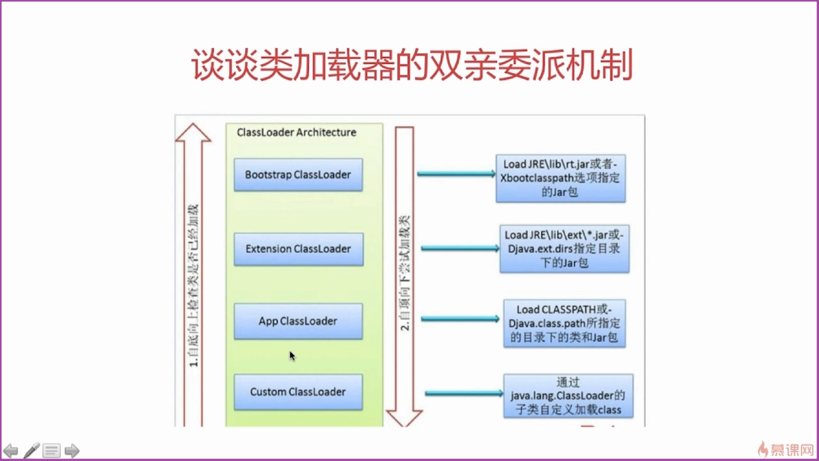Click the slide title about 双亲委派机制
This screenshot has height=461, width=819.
[412, 66]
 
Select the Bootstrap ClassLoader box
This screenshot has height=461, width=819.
[298, 175]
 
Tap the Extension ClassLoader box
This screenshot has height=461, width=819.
[298, 249]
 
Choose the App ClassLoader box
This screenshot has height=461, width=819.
[298, 321]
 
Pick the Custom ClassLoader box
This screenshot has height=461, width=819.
[298, 392]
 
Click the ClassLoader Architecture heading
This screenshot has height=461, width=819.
[296, 133]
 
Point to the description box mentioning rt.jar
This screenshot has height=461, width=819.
[561, 177]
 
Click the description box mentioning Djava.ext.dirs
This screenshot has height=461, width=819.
[564, 249]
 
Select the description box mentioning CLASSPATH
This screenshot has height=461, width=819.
[564, 323]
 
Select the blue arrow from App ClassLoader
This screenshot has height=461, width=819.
[460, 319]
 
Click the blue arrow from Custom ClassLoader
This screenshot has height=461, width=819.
[464, 393]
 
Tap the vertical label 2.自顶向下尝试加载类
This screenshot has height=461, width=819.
[405, 272]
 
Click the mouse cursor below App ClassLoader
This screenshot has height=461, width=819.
[292, 355]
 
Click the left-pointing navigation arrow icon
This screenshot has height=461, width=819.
[11, 451]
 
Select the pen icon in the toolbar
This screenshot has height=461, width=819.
[31, 451]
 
